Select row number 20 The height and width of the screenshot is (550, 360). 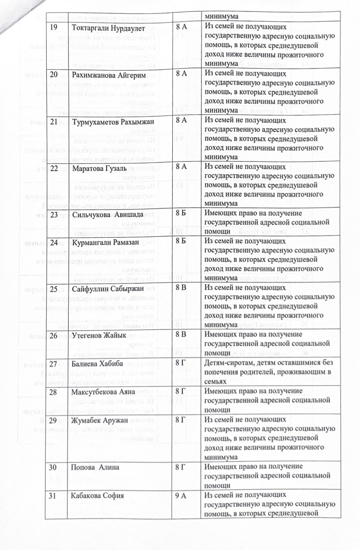(x=54, y=74)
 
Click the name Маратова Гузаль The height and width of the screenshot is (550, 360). (x=99, y=169)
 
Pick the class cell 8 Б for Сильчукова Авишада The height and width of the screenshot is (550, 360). (x=181, y=214)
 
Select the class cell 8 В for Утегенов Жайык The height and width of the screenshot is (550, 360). (x=181, y=336)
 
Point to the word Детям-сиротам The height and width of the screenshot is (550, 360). (x=230, y=363)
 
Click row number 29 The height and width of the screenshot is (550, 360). (x=54, y=420)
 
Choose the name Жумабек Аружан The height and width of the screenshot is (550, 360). (x=101, y=420)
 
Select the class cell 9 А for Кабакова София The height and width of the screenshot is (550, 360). (x=181, y=496)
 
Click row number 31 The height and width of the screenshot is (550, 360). (x=54, y=496)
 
